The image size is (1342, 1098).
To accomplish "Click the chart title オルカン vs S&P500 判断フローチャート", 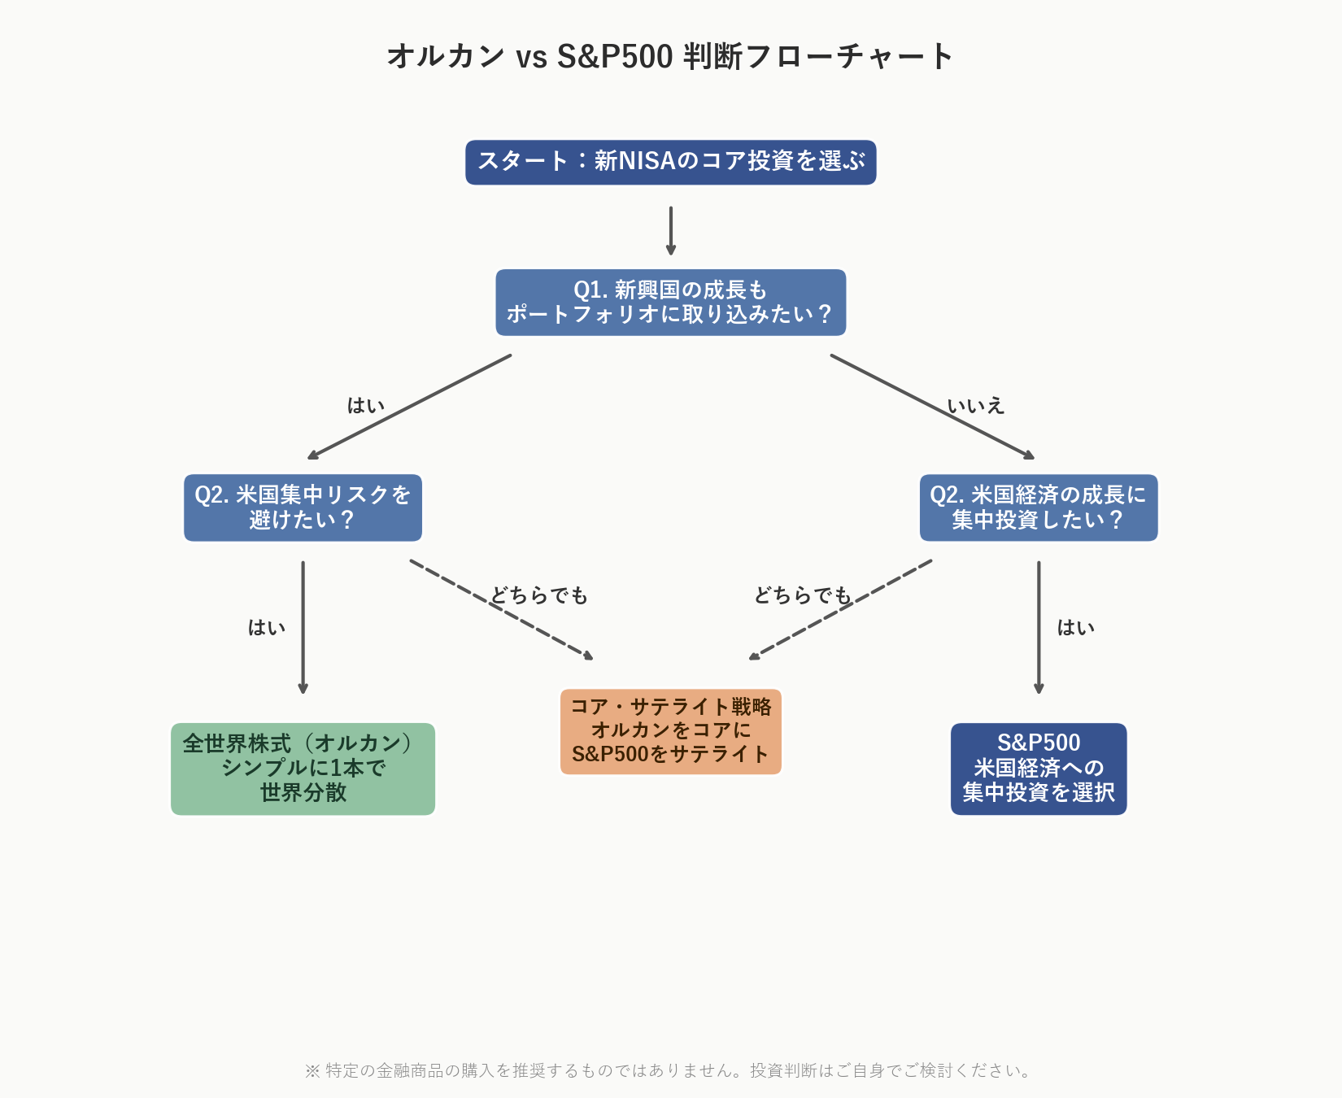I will coord(670,56).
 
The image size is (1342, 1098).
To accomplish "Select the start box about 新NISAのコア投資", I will coord(670,162).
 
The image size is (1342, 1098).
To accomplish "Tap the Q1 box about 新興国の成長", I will coord(670,303).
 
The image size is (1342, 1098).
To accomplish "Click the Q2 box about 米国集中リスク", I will coord(303,508).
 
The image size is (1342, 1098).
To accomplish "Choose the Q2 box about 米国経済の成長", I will coord(1038,508).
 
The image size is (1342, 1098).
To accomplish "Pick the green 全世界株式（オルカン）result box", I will coord(303,769).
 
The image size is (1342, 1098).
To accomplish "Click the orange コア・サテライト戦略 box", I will coord(670,731).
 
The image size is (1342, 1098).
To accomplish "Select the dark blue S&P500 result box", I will coord(1038,769).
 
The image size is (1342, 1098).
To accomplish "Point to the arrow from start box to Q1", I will coord(670,230).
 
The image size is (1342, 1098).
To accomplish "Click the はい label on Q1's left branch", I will coord(366,406).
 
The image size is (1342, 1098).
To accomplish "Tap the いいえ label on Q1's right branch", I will coord(976,406).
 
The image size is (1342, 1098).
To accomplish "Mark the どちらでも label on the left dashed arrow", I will coord(539,595).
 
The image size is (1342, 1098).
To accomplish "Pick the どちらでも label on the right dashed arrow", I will coord(803,595).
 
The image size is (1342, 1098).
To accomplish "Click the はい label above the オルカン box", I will coord(267,627).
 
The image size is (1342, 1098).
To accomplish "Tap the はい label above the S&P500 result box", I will coord(1075,627).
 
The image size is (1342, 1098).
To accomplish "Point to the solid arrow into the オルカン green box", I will coord(303,626).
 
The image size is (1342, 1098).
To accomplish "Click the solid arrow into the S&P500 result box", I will coord(1038,626).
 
